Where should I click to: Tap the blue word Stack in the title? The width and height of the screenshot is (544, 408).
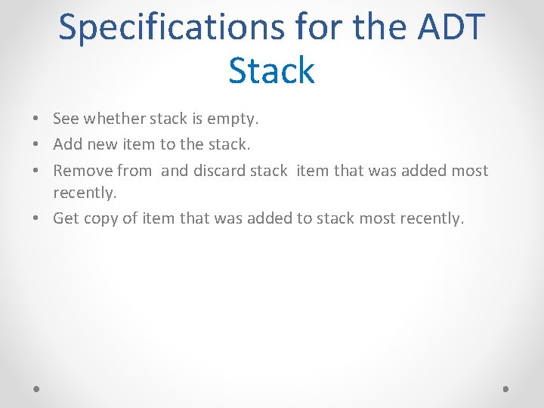[271, 70]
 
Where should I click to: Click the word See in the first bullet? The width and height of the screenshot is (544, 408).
[66, 119]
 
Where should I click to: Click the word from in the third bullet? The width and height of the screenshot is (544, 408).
[134, 171]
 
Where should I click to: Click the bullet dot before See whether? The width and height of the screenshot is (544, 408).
[36, 119]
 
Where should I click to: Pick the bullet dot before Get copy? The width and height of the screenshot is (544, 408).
[36, 219]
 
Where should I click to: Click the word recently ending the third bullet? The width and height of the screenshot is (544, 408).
[85, 193]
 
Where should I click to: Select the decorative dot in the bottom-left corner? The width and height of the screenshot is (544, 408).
[37, 388]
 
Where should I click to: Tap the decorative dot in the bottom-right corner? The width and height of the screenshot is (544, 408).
[506, 388]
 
